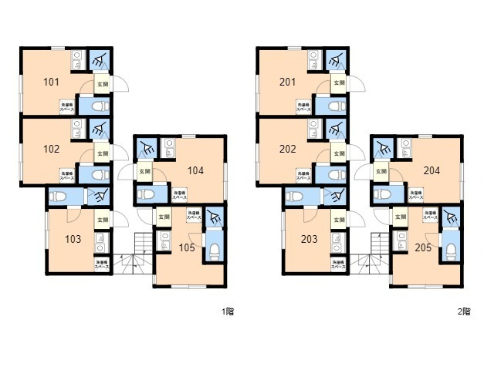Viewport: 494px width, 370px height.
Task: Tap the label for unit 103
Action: tap(72, 239)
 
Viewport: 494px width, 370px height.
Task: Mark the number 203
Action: tap(309, 239)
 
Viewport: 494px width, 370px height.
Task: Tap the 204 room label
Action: tap(431, 170)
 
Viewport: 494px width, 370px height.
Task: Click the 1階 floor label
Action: tap(228, 312)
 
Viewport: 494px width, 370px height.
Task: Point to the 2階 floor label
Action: tap(464, 312)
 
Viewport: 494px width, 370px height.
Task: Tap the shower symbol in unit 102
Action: tap(99, 129)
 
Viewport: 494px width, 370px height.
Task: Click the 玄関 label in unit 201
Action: tap(339, 82)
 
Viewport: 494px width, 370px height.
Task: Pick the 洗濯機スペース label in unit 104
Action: tap(179, 196)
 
